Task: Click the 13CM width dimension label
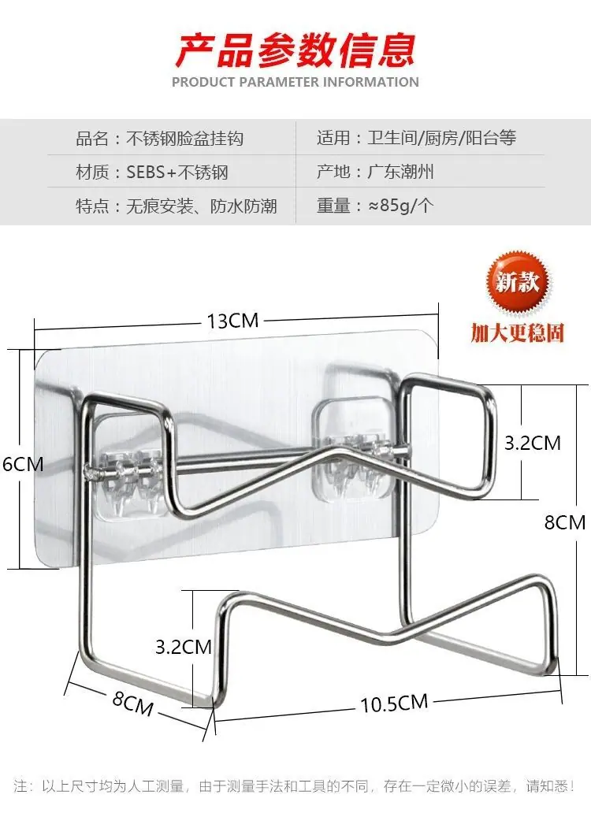click(232, 321)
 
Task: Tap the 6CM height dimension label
click(23, 464)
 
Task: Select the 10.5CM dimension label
click(394, 703)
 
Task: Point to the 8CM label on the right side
click(565, 522)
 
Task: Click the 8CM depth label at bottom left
click(133, 703)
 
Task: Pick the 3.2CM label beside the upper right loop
click(533, 443)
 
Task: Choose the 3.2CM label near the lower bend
click(184, 647)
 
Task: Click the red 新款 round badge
click(518, 282)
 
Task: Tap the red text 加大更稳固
click(518, 333)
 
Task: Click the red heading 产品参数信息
click(295, 50)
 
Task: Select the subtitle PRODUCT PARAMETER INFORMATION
click(295, 83)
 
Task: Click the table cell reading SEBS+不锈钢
click(177, 173)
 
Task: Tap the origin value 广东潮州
click(401, 172)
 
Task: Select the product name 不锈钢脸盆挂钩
click(185, 139)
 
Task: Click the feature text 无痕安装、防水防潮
click(202, 206)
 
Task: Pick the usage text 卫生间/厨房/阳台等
click(442, 138)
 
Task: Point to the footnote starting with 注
click(295, 786)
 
